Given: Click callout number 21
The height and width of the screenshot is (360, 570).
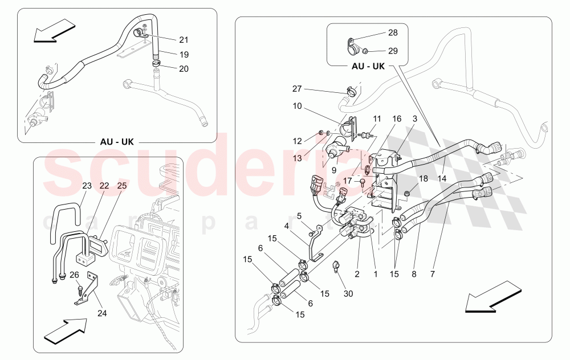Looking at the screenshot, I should (x=183, y=40).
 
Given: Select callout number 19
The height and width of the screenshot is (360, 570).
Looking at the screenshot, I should (x=183, y=55).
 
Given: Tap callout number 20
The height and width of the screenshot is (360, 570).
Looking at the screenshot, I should (x=183, y=68).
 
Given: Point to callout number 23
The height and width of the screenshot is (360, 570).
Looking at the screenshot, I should (x=87, y=185).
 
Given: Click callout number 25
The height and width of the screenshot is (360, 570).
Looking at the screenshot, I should (x=122, y=185).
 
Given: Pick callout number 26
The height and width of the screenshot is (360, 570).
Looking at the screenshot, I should (x=74, y=275).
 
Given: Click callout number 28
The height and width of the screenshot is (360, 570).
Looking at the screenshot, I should (x=393, y=34).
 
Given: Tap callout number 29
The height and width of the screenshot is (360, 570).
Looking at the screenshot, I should (x=393, y=51).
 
